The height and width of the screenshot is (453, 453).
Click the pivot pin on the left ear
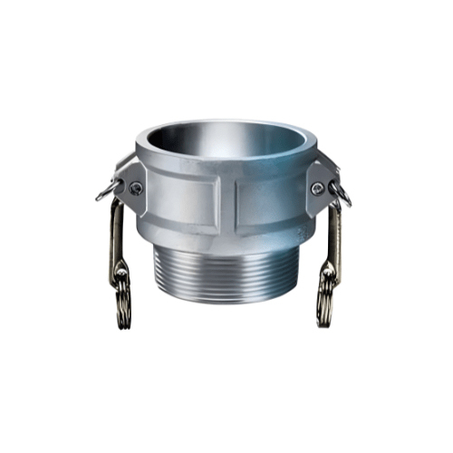136,188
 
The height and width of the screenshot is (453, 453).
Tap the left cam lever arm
118,236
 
